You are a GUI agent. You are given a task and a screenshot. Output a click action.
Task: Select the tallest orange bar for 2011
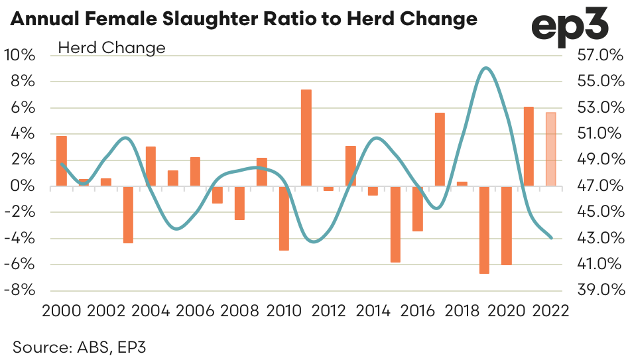pos(306,138)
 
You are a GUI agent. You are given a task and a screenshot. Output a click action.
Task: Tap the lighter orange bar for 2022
pos(550,150)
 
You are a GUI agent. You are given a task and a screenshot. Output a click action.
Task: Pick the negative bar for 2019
pos(484,229)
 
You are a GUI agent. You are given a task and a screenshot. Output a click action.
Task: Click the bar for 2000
pos(61,161)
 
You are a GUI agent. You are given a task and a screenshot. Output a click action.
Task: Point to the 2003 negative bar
pos(128,214)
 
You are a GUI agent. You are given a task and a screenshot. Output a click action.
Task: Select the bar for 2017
pos(440,150)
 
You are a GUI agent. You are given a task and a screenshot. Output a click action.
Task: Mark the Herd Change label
pos(112,48)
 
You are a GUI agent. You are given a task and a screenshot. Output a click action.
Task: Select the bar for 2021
pos(529,147)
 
